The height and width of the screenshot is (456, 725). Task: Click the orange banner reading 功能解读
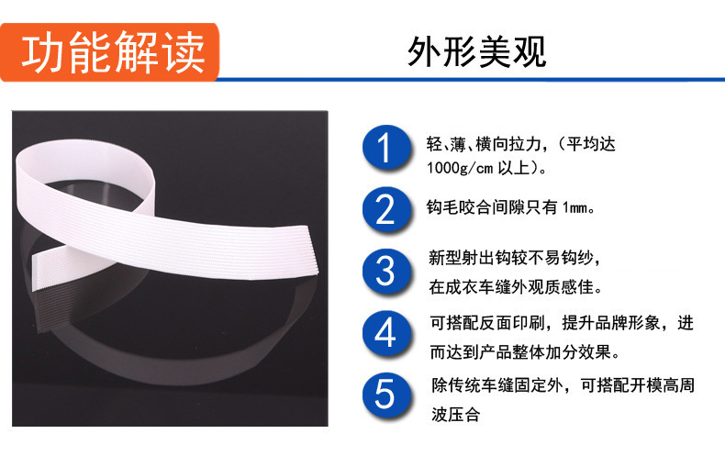point(109,52)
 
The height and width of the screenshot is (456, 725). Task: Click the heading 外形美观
point(476,51)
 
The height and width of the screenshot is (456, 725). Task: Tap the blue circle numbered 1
point(386,148)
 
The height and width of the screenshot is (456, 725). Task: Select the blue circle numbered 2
point(386,209)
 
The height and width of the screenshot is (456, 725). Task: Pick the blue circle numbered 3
point(386,272)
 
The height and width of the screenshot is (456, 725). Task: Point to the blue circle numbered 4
point(386,333)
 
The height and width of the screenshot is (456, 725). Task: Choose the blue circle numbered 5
point(386,395)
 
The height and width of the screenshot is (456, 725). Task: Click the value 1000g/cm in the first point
point(460,168)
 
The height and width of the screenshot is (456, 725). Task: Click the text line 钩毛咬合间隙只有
point(492,207)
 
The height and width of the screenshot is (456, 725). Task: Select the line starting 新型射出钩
point(514,258)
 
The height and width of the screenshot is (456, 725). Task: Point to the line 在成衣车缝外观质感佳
point(516,287)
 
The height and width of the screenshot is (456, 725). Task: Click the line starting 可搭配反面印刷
point(562,323)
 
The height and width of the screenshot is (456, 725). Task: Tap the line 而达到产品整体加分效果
point(525,352)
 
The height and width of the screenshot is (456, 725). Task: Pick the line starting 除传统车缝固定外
point(563,384)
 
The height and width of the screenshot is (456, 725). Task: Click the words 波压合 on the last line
point(455,415)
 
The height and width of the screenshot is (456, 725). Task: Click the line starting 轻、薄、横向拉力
point(521,144)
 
